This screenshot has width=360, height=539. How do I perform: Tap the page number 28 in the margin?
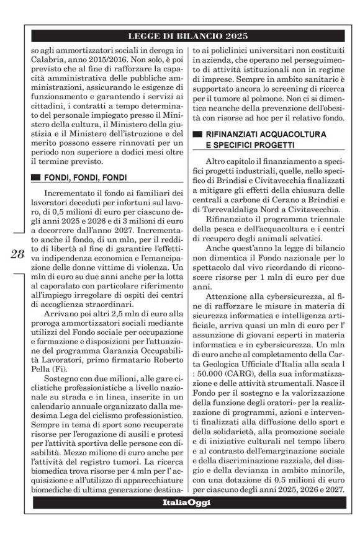coord(17,254)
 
